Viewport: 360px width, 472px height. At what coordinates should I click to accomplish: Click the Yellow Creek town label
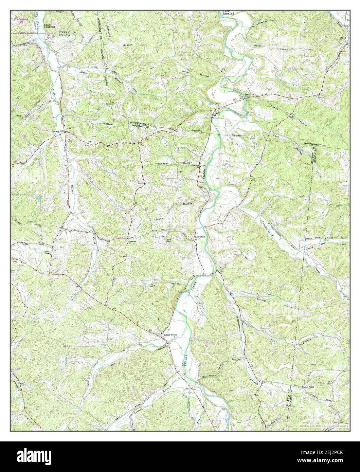170,335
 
